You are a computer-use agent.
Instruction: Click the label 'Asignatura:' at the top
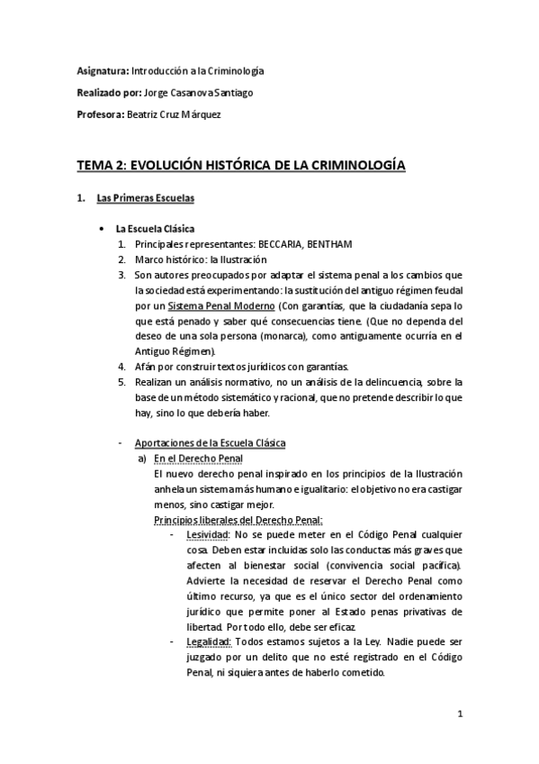pyautogui.click(x=102, y=69)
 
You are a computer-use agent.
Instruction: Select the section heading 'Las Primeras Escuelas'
pyautogui.click(x=144, y=197)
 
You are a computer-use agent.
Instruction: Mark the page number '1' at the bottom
pyautogui.click(x=459, y=716)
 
